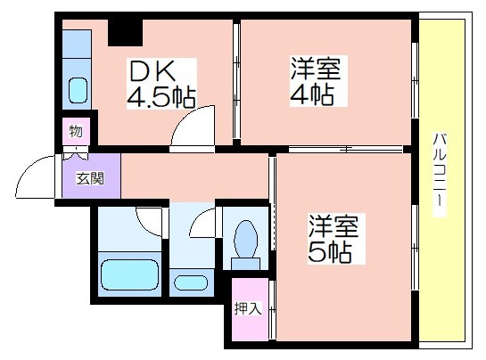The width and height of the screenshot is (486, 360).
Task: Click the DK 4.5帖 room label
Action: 161,84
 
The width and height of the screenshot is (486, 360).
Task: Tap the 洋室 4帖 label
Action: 318,81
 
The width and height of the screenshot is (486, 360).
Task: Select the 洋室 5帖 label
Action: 336,239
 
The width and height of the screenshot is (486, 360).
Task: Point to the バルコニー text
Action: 439,175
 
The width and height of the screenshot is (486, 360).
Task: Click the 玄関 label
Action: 90,178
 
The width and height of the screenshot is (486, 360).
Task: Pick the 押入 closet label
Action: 249,308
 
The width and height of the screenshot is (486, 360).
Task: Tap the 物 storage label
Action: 77,131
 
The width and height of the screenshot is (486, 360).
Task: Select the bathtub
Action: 130,275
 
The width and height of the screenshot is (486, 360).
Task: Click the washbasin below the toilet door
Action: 191,282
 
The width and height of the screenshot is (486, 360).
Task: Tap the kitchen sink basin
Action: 78,91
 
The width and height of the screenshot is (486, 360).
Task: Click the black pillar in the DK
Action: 125,33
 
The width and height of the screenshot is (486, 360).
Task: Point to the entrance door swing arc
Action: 25,168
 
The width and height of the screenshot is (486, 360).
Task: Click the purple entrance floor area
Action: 92,176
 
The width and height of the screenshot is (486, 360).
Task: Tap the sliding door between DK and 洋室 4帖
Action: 236,81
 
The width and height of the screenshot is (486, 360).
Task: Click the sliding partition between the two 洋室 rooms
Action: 345,150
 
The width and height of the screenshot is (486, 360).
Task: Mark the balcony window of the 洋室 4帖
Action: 415,80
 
